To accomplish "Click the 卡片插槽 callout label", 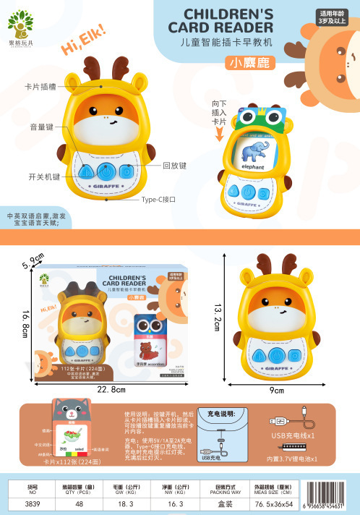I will [x=41, y=86].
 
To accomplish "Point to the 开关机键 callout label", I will [x=43, y=176].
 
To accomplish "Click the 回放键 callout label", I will [x=175, y=166].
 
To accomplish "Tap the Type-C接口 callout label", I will [x=159, y=199].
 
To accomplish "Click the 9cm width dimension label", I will [x=277, y=390].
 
